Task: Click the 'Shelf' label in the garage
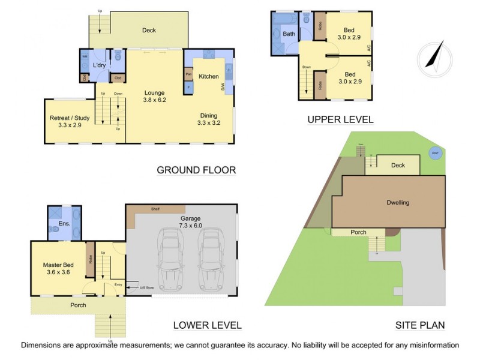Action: (155, 209)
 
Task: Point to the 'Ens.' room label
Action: (65, 223)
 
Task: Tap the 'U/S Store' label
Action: (147, 289)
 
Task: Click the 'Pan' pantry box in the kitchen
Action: (188, 74)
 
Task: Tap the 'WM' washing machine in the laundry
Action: (85, 57)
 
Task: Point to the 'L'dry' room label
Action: (100, 65)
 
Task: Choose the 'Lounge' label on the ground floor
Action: (154, 92)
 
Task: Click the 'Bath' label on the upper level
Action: (289, 34)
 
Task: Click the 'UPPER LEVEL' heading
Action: (340, 119)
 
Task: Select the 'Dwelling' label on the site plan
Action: (397, 202)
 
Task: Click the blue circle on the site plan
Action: (435, 153)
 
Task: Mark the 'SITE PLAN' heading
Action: (420, 326)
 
